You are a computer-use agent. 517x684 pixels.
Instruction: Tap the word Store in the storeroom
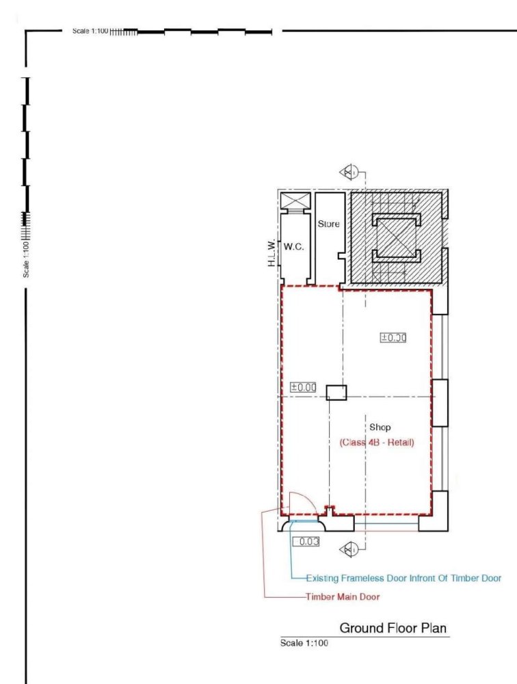click(328, 224)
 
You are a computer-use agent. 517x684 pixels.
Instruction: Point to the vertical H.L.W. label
click(271, 253)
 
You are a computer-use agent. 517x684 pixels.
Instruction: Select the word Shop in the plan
click(380, 428)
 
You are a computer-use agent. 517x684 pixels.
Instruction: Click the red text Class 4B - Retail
click(377, 443)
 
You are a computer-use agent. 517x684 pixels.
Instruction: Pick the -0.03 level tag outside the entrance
click(306, 542)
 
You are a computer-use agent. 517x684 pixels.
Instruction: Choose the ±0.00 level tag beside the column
click(304, 387)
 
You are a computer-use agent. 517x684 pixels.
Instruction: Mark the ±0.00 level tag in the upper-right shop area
click(393, 337)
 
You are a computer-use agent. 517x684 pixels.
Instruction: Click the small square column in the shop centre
click(336, 393)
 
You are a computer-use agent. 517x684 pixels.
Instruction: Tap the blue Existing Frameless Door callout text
click(403, 578)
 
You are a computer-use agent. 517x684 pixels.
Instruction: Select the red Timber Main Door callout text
click(343, 596)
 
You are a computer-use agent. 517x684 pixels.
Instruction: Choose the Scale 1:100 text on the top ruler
click(90, 31)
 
